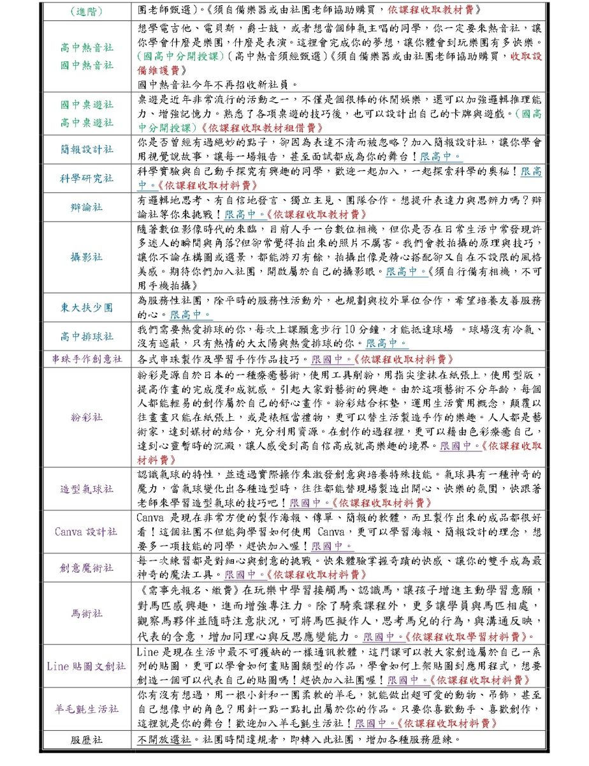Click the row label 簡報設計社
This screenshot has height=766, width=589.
tap(87, 149)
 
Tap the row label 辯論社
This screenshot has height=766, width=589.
tap(87, 207)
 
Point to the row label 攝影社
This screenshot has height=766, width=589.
tap(87, 257)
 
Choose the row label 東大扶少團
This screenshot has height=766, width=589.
tap(87, 308)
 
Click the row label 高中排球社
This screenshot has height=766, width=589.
tap(87, 336)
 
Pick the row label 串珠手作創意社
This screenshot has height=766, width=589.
tap(87, 359)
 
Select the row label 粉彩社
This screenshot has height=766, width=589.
tap(87, 417)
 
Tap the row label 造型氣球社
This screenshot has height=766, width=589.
tap(87, 489)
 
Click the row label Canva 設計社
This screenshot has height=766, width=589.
tap(87, 531)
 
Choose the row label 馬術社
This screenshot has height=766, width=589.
tap(87, 613)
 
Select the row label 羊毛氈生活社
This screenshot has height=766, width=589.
tap(87, 710)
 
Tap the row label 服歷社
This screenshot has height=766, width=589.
tap(87, 740)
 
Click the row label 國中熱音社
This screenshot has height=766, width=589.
tap(87, 65)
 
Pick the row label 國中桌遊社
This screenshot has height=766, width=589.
tap(87, 105)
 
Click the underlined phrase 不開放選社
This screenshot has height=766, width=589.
tap(164, 740)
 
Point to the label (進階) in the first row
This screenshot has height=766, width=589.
tap(87, 11)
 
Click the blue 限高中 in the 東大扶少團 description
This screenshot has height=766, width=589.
tap(190, 315)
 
